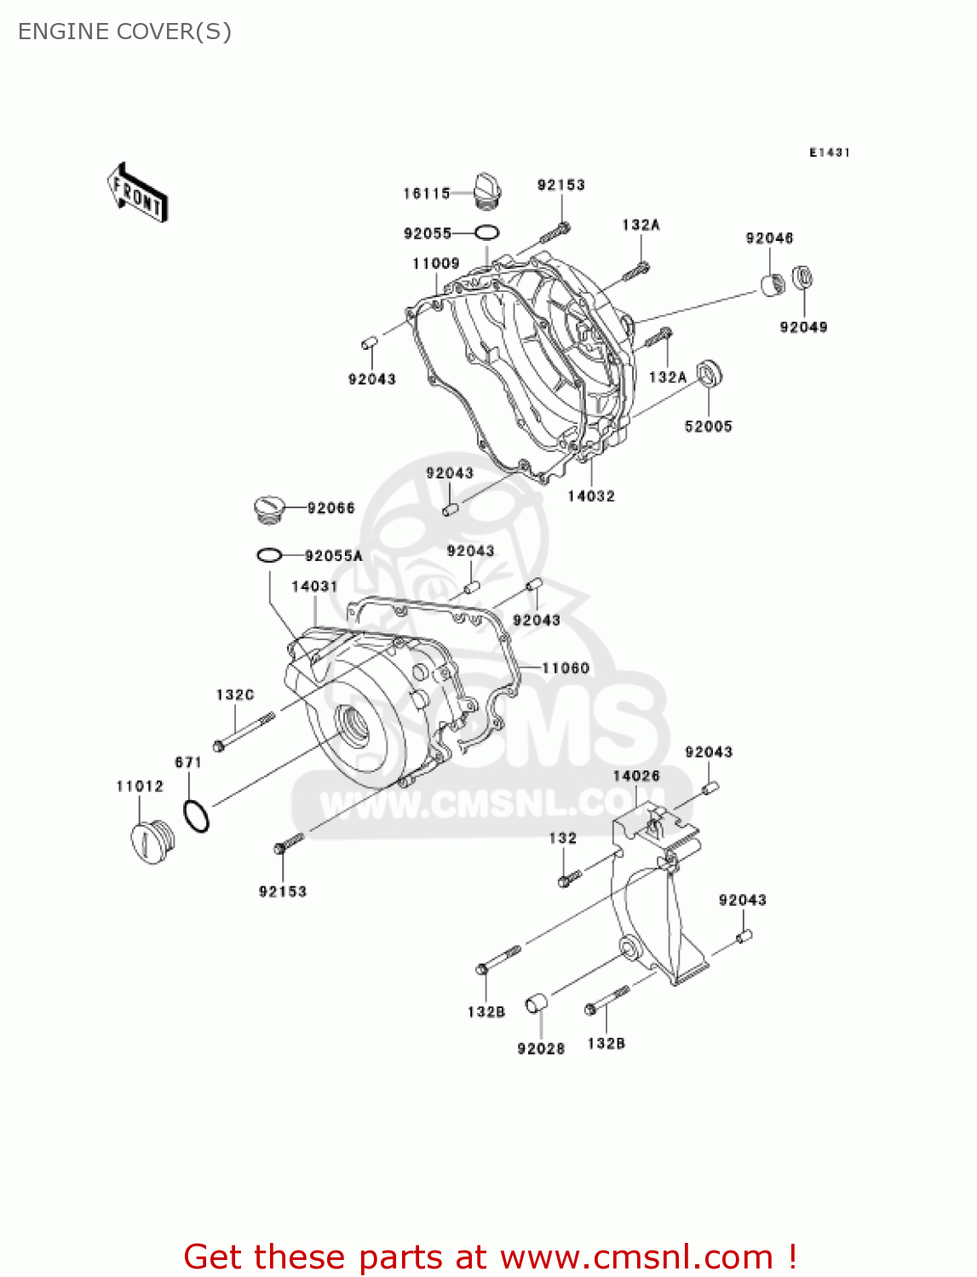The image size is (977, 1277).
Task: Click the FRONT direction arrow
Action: pos(137,192)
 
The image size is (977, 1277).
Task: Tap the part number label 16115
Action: pos(427,194)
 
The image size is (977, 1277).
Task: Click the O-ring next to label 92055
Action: pos(487,233)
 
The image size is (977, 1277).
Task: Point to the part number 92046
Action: pos(769,238)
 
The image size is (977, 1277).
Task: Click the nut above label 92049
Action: pos(803,277)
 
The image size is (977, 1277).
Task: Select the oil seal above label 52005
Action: pos(709,372)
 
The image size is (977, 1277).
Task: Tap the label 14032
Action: pos(591,496)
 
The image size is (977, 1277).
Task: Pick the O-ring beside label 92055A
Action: pos(269,556)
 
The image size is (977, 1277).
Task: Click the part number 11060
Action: pos(566,668)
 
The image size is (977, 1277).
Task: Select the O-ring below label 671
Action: pos(196,816)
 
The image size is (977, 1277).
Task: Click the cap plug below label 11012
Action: pos(152,842)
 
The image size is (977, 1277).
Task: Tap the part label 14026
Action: pos(636,776)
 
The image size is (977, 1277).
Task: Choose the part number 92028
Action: pos(541,1048)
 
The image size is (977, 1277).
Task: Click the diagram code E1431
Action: pos(830,152)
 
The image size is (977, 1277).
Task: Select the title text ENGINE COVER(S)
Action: pos(124,31)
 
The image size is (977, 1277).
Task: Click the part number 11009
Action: pos(436,264)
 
